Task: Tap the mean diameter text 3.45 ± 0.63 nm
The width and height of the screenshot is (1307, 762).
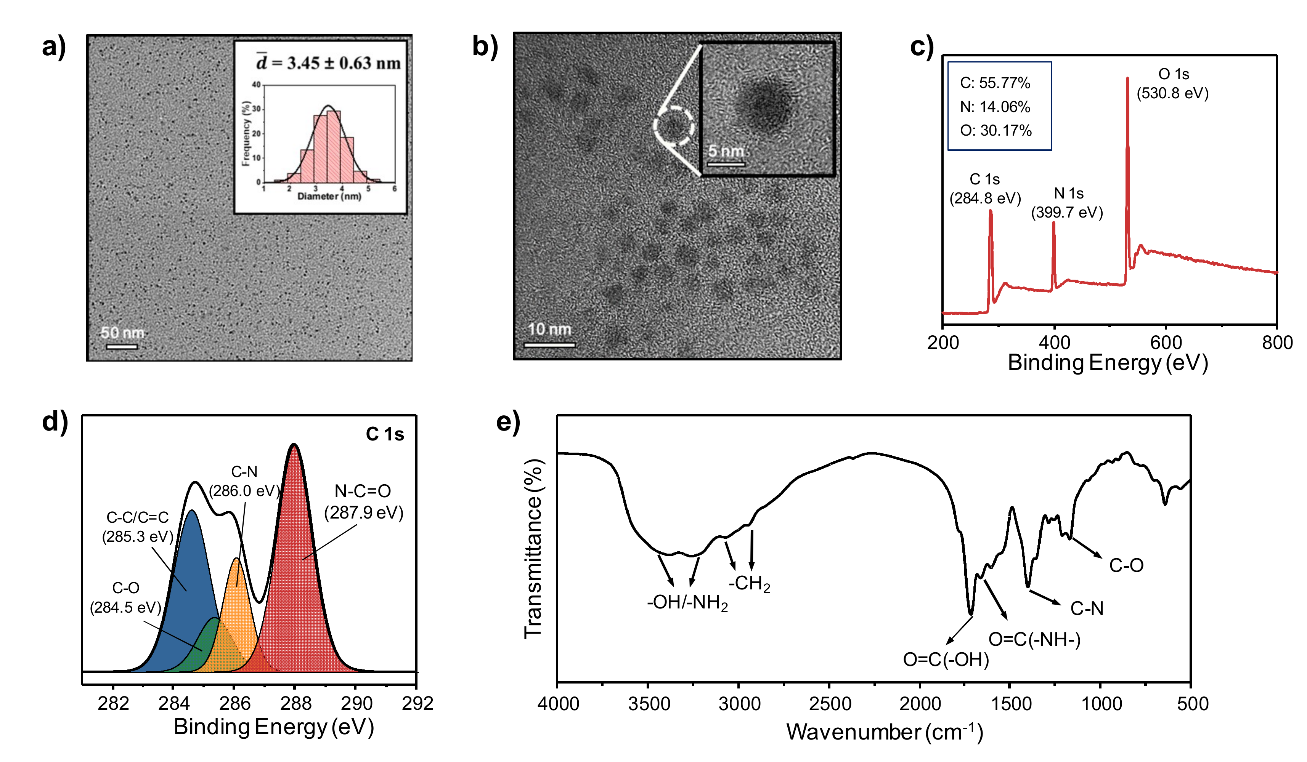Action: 329,63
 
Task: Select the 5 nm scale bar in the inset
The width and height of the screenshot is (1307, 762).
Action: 726,164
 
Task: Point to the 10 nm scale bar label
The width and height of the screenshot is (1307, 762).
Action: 549,329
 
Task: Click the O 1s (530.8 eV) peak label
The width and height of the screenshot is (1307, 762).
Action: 1173,83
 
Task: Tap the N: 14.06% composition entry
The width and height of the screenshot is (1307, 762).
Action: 995,107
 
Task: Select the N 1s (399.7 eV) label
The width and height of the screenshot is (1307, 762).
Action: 1067,203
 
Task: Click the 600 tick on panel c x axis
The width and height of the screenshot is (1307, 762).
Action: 1166,343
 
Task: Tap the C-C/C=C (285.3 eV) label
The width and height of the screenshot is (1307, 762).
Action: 137,527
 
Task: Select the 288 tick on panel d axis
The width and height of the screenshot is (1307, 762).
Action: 295,703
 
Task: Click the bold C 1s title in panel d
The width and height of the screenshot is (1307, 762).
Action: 384,434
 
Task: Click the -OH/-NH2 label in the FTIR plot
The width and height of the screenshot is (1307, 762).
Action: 687,603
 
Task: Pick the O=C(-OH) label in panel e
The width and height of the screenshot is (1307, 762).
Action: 946,660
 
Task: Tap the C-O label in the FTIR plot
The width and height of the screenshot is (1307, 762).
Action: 1126,565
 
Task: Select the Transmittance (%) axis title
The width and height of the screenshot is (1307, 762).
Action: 533,549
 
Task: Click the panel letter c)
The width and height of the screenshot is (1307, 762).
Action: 922,46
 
